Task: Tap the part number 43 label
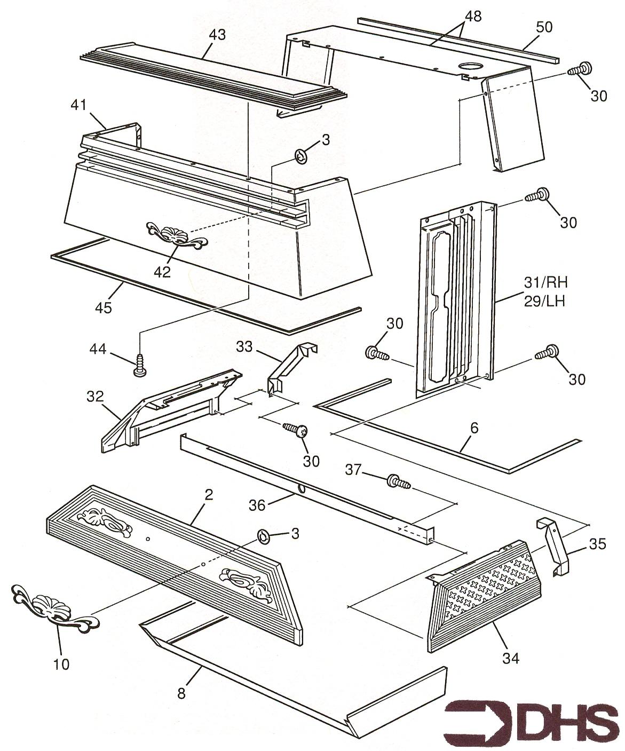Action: pos(217,35)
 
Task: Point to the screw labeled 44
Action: pos(140,365)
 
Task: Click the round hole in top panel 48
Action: pos(471,68)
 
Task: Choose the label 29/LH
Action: pos(543,301)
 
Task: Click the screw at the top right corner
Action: pos(580,69)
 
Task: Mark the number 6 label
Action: pos(474,428)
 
